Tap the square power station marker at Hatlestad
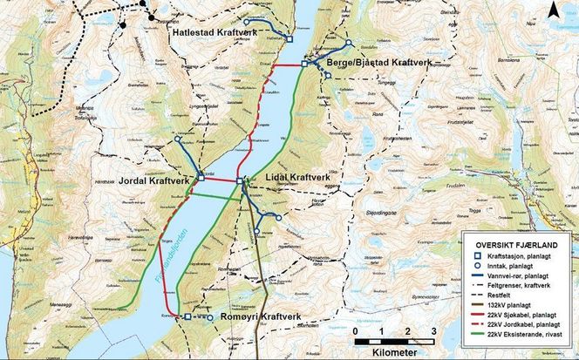point(289,37)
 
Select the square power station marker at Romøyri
point(187,317)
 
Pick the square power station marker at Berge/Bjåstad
point(305,64)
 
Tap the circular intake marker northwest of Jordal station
point(178,139)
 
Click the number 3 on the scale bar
point(433,332)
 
